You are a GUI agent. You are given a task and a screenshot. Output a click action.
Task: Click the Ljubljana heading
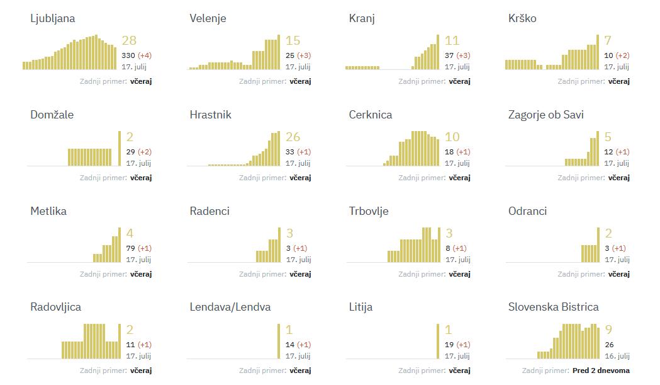52,18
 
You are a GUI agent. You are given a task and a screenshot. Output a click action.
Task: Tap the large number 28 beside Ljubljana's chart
129,41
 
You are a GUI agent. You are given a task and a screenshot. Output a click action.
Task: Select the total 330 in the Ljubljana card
128,55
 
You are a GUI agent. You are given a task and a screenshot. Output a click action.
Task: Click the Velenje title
208,18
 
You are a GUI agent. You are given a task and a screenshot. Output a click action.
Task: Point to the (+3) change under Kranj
463,55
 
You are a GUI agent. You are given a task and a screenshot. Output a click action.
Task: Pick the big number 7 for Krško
608,41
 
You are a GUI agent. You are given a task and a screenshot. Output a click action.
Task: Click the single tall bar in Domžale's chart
120,148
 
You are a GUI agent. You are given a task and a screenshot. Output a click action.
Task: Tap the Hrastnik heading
210,115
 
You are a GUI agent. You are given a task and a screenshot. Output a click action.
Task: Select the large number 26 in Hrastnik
293,137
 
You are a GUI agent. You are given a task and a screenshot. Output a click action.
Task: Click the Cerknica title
370,115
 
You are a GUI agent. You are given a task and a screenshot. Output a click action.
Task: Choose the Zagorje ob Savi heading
545,115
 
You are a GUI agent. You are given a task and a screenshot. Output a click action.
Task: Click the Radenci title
210,211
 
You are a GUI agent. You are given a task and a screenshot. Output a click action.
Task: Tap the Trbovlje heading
369,211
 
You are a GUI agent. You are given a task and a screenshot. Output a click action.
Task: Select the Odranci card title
527,211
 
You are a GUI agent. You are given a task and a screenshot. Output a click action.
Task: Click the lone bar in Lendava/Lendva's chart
279,341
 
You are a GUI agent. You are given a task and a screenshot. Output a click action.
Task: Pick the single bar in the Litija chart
438,341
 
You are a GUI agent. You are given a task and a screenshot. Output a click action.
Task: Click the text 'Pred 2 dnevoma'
601,371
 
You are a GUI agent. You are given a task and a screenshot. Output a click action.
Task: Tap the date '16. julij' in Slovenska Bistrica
617,356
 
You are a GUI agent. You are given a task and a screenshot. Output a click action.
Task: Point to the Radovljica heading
55,307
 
